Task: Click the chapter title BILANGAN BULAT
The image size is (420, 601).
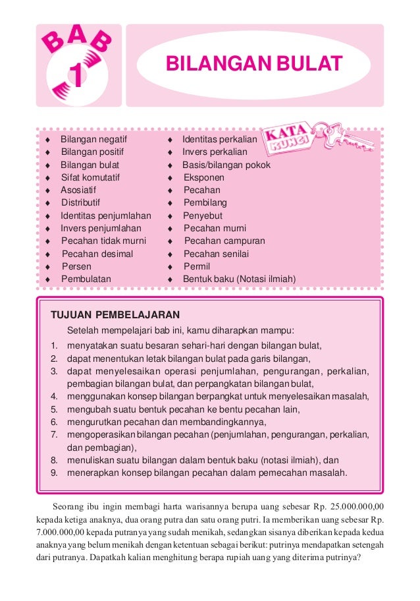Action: pyautogui.click(x=253, y=65)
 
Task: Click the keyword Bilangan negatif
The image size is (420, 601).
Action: pyautogui.click(x=93, y=140)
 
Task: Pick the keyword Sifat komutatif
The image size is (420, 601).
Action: pyautogui.click(x=90, y=178)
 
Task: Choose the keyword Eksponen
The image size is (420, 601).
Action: pyautogui.click(x=204, y=178)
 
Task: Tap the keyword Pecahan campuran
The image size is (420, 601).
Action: pyautogui.click(x=224, y=241)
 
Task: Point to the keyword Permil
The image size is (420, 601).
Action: pyautogui.click(x=197, y=267)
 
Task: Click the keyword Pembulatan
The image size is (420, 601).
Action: pyautogui.click(x=86, y=279)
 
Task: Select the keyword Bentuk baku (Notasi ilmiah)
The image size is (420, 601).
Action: pyautogui.click(x=239, y=279)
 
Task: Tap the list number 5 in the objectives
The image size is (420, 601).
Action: pyautogui.click(x=55, y=409)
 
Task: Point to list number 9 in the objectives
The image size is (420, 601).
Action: pyautogui.click(x=55, y=472)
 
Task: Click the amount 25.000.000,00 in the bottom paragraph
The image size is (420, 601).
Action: pyautogui.click(x=358, y=506)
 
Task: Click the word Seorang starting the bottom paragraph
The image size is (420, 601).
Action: pyautogui.click(x=67, y=506)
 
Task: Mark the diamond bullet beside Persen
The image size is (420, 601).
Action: pyautogui.click(x=48, y=267)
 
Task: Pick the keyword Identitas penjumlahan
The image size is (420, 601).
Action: pyautogui.click(x=106, y=215)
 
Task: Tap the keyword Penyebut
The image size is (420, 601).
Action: pyautogui.click(x=203, y=215)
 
